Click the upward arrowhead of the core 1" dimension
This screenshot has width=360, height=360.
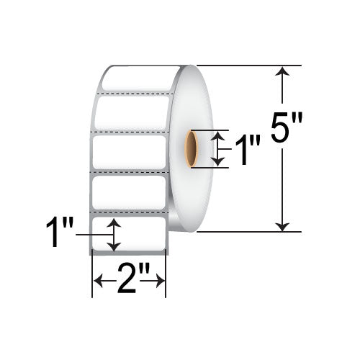(x=220, y=135)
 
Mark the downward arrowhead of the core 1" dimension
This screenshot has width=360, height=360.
(x=220, y=163)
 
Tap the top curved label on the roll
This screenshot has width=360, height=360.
(x=137, y=78)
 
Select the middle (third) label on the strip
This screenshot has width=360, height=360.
(x=130, y=153)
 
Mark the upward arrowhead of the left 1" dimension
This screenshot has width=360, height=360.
(x=113, y=225)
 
